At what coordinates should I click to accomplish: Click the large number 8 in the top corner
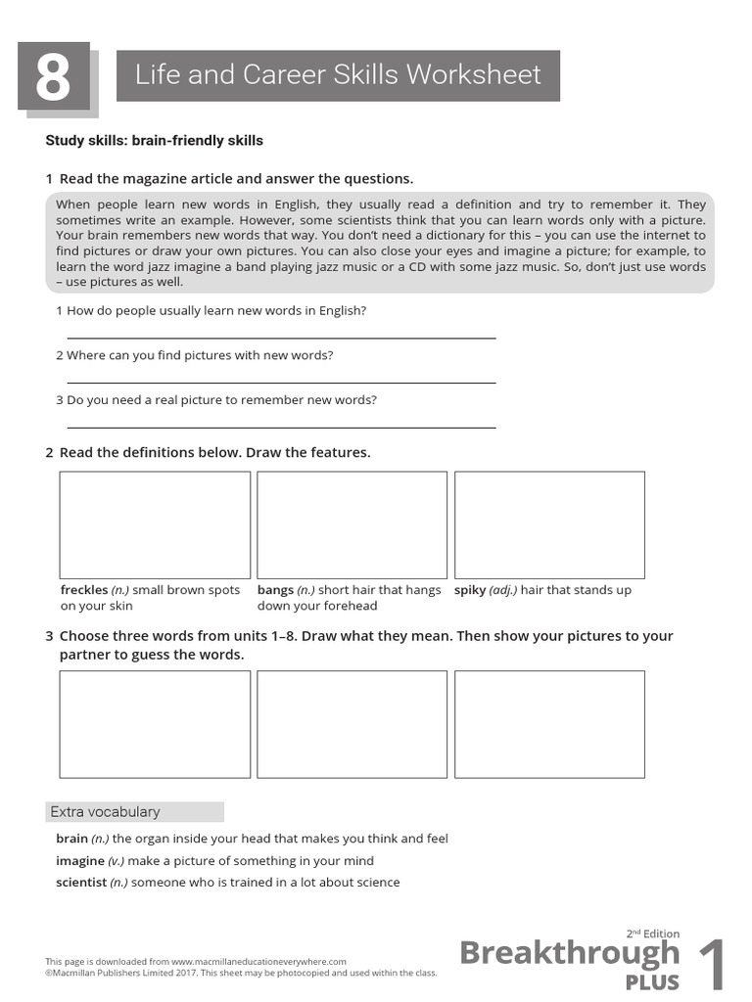click(53, 77)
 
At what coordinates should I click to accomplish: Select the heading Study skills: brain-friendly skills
click(154, 141)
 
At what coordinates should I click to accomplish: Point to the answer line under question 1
click(280, 338)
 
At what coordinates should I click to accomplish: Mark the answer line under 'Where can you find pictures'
click(280, 383)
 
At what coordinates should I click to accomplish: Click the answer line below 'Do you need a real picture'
click(280, 428)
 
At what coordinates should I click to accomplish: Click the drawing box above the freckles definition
click(155, 525)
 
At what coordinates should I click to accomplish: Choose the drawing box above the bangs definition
click(352, 525)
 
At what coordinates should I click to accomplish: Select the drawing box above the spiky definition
click(549, 525)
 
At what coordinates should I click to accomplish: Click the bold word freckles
click(83, 591)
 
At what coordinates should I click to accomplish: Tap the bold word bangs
click(275, 591)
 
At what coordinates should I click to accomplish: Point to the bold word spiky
click(470, 591)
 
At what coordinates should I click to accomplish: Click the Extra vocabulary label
click(105, 812)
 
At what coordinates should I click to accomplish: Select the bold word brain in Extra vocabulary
click(71, 839)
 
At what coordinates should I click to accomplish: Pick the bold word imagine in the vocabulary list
click(80, 861)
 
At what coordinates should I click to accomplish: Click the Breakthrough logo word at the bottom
click(569, 953)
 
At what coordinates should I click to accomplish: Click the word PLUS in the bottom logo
click(652, 981)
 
